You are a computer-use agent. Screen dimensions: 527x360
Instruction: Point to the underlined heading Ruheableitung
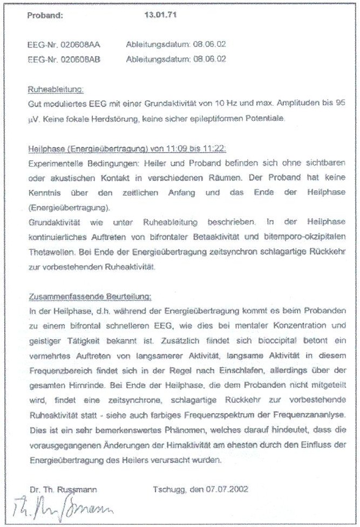click(x=56, y=89)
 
